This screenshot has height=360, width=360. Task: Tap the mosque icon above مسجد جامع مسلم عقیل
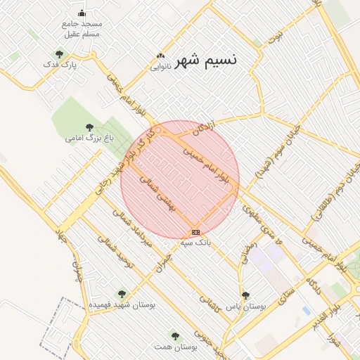(x=82, y=13)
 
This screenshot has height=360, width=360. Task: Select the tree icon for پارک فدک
(x=59, y=53)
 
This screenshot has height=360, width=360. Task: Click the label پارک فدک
(x=59, y=65)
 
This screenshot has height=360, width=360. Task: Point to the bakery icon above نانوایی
(x=160, y=56)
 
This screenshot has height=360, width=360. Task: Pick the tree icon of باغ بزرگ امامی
(x=89, y=127)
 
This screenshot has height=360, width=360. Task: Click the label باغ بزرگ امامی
(x=89, y=138)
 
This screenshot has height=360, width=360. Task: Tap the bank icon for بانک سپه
(x=195, y=232)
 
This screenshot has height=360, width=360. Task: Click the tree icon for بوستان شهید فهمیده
(x=122, y=294)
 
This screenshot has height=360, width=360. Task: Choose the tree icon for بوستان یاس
(x=245, y=296)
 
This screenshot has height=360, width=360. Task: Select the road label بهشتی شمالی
(x=162, y=196)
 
